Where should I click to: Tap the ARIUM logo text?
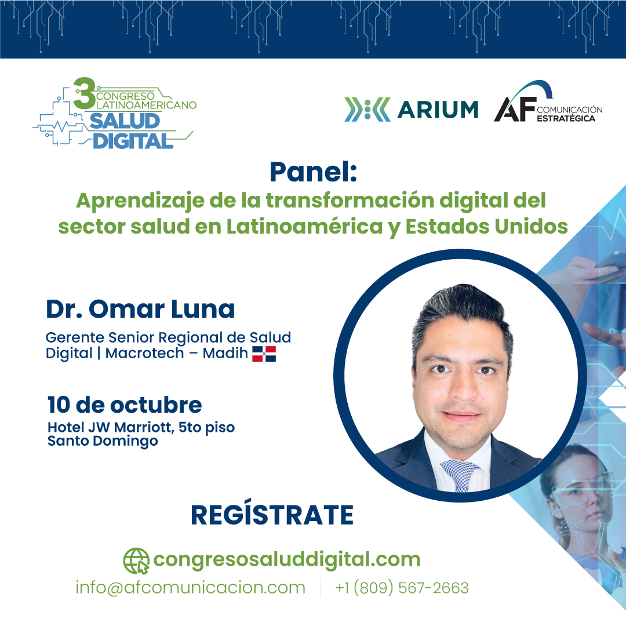pyautogui.click(x=438, y=110)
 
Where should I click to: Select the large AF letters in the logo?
pyautogui.click(x=514, y=109)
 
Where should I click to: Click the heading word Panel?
pyautogui.click(x=313, y=172)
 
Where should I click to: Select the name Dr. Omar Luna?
pyautogui.click(x=140, y=309)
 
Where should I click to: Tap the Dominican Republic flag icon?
pyautogui.click(x=264, y=354)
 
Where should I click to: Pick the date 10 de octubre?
pyautogui.click(x=125, y=404)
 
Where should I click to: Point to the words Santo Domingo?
pyautogui.click(x=103, y=441)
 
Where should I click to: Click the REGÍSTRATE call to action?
pyautogui.click(x=272, y=515)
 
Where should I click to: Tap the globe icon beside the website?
pyautogui.click(x=136, y=561)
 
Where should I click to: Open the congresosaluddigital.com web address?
pyautogui.click(x=286, y=559)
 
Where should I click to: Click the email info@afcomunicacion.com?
pyautogui.click(x=190, y=588)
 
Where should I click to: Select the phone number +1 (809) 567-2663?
pyautogui.click(x=402, y=588)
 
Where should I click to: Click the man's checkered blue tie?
pyautogui.click(x=460, y=473)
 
